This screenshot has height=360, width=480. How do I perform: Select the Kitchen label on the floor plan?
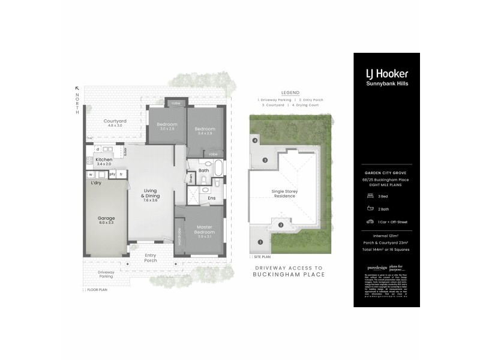point(104,160)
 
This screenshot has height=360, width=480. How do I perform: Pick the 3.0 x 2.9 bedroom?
point(167,126)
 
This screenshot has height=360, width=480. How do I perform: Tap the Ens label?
point(211,197)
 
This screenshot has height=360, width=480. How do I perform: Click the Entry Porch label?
point(151,257)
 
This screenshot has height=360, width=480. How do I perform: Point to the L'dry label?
point(95,182)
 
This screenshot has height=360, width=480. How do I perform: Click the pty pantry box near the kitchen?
point(112,174)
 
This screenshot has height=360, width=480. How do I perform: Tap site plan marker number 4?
point(255,140)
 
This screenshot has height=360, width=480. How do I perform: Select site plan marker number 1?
point(260,242)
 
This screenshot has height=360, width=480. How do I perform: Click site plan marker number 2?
point(280,225)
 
